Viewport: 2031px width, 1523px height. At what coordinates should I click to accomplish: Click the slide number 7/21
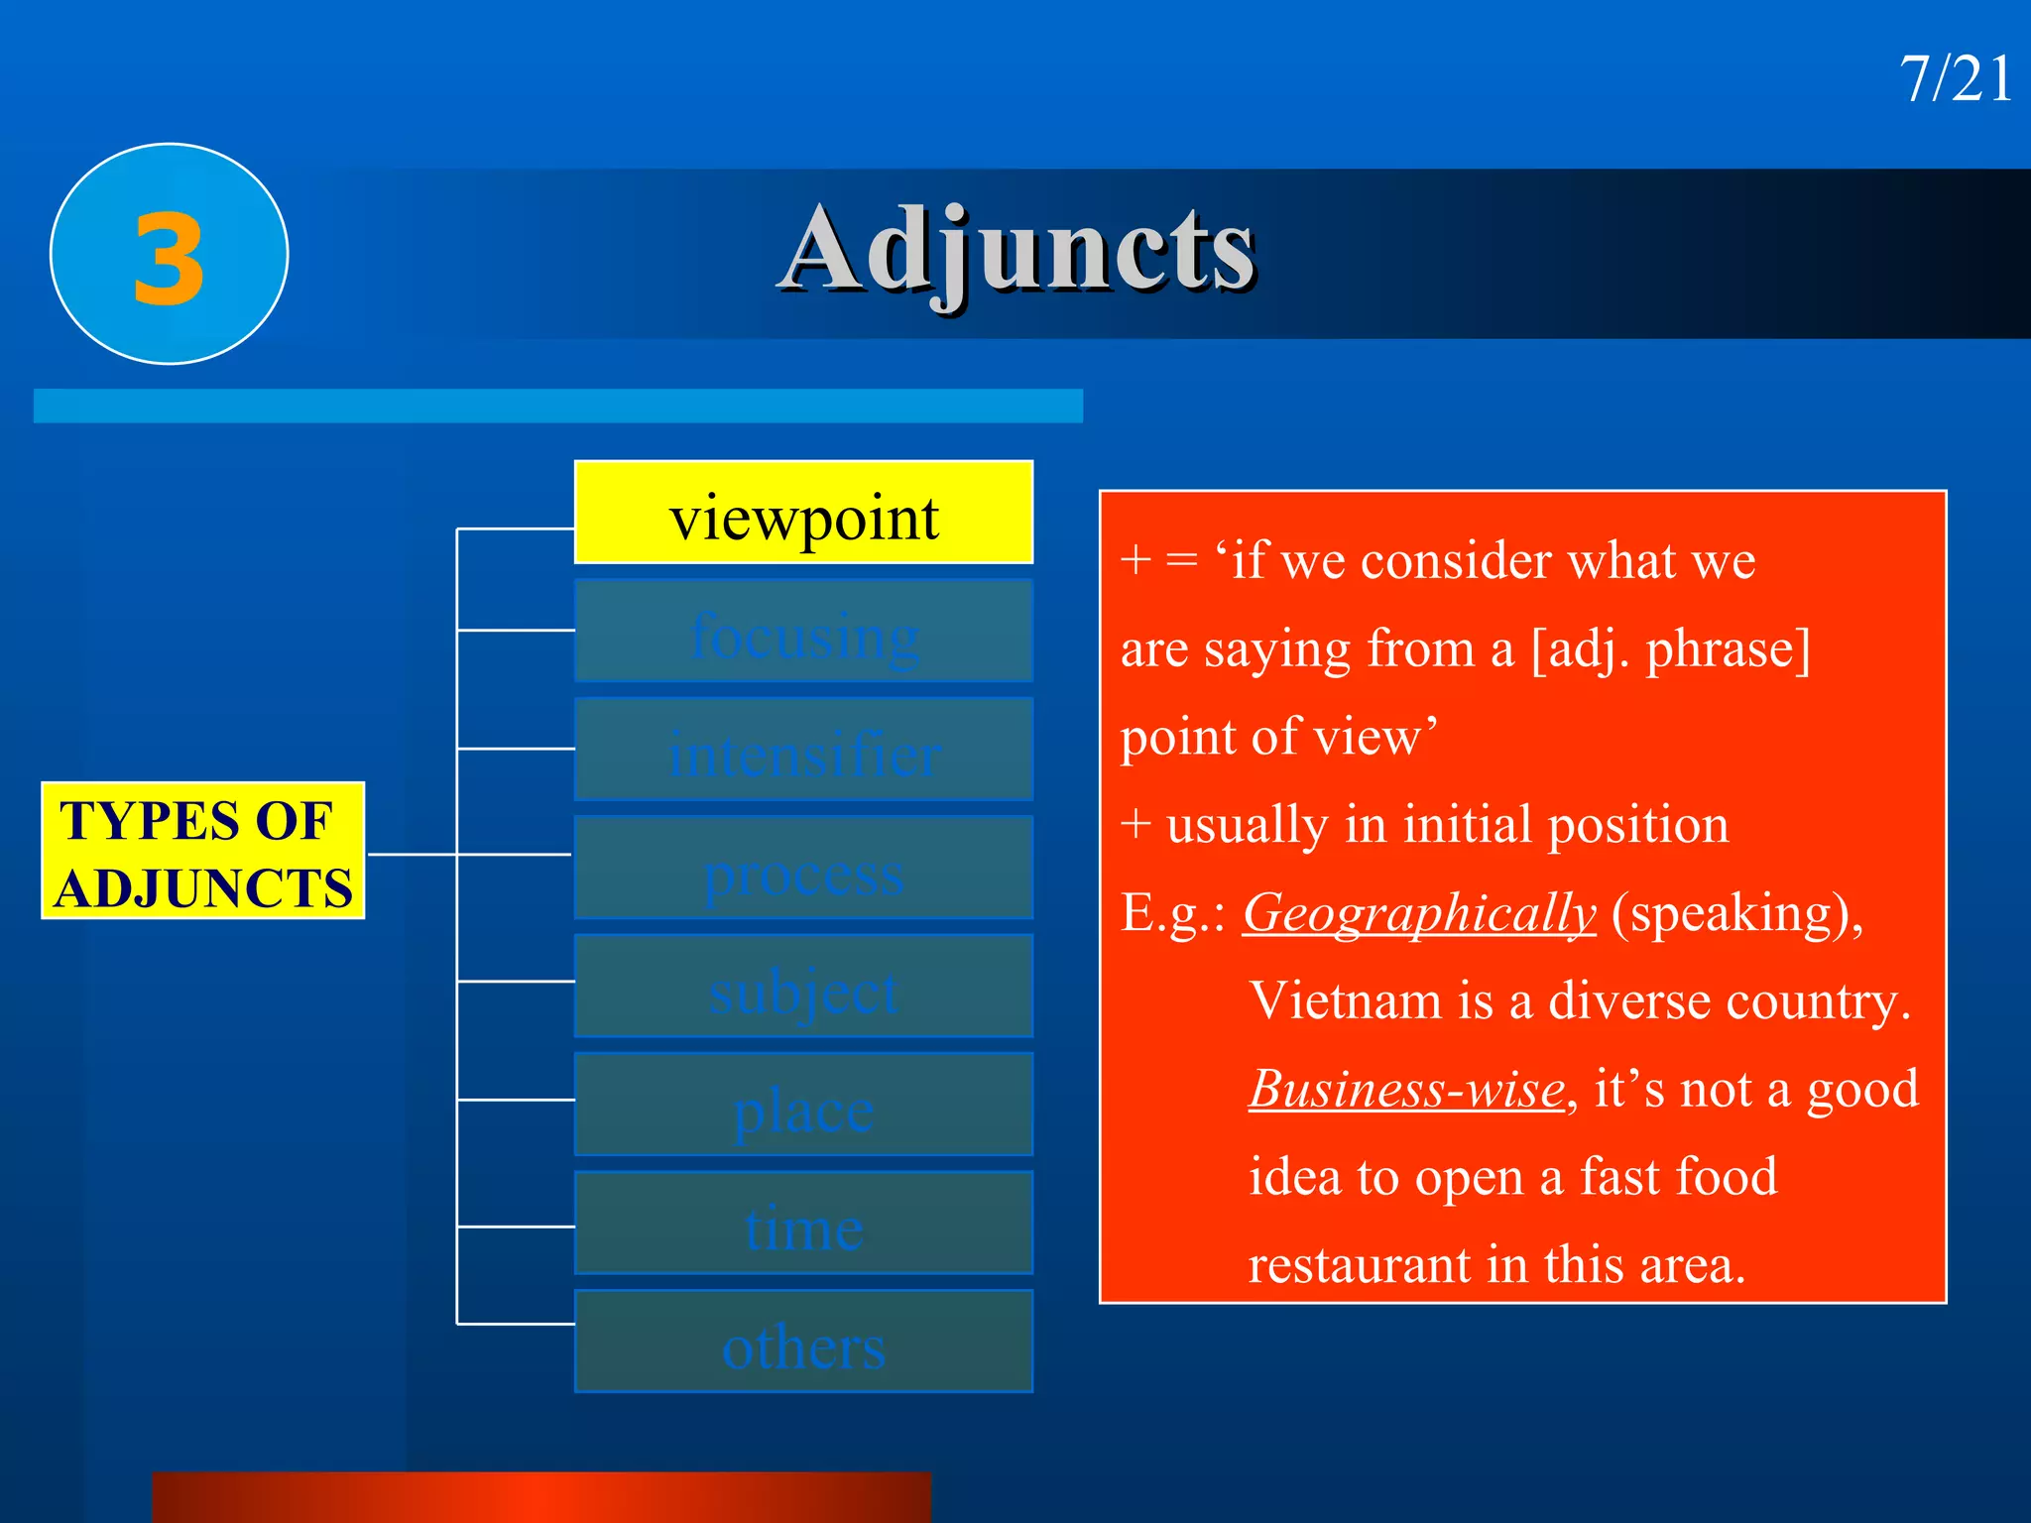1955,79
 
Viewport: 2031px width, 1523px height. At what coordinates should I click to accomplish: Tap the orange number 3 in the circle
170,260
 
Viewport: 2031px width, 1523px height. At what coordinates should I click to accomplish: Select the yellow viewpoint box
803,514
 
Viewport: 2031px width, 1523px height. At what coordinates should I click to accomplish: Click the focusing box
803,632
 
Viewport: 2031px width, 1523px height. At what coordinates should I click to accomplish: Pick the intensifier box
803,751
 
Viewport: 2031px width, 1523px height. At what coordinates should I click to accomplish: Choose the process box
803,869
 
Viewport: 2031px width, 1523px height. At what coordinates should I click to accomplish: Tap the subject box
803,987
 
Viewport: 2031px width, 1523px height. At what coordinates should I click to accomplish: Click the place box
803,1106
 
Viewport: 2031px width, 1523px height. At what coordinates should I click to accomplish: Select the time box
803,1224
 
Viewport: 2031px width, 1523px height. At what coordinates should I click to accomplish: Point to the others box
803,1343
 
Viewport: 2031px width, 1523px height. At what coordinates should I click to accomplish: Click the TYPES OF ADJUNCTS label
203,852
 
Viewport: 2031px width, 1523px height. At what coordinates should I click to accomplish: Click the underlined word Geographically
1419,913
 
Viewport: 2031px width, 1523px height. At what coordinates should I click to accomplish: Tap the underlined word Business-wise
1406,1089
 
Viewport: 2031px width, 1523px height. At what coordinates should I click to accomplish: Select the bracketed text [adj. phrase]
1670,649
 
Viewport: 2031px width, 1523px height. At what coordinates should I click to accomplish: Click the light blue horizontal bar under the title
558,406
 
